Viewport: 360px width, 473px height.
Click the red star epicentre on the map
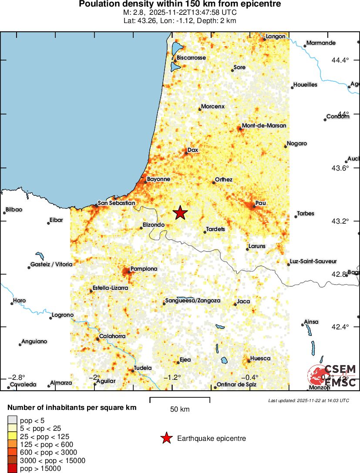[180, 213]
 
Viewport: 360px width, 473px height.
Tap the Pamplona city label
[144, 269]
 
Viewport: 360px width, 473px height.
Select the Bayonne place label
[158, 179]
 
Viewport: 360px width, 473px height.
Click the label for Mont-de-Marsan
[264, 125]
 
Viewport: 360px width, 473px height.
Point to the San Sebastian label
[116, 203]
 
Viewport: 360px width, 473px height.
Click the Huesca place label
[261, 358]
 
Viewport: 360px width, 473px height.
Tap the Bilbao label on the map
[13, 209]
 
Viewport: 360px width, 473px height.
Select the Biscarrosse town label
[191, 57]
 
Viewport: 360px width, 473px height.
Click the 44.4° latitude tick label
[340, 60]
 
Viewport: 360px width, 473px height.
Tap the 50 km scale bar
[180, 400]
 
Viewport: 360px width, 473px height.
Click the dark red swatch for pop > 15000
[13, 469]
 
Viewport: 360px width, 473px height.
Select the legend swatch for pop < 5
[13, 419]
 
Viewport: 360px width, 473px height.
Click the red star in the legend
[166, 438]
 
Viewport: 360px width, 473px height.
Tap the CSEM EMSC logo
[333, 376]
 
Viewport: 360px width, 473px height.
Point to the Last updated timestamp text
[308, 400]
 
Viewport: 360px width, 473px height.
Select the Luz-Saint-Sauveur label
[313, 261]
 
